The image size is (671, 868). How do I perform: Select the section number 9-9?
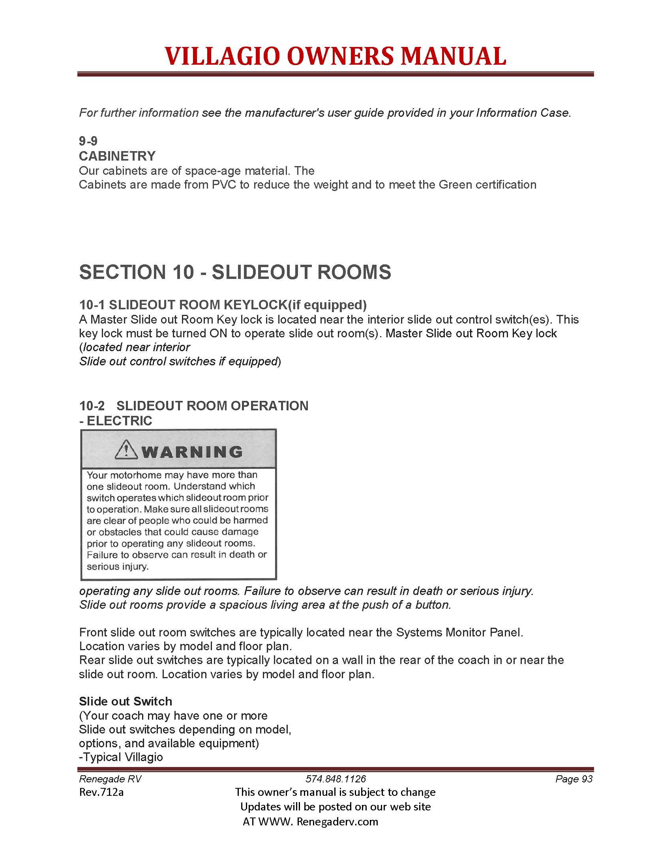[x=88, y=141]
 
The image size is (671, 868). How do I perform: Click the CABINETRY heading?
[x=117, y=156]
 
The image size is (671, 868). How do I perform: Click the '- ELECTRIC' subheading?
[x=116, y=421]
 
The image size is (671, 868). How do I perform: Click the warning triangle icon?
[x=126, y=450]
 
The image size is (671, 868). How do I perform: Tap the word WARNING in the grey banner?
[x=192, y=452]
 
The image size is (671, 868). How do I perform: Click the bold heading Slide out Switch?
[x=126, y=701]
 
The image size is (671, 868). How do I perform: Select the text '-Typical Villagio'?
[x=121, y=757]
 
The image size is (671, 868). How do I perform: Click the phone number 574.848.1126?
[x=335, y=779]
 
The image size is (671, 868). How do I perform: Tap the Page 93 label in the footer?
[x=574, y=779]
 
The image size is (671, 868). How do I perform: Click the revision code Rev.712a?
[x=101, y=792]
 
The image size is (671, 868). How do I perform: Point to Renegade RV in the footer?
[x=110, y=779]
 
